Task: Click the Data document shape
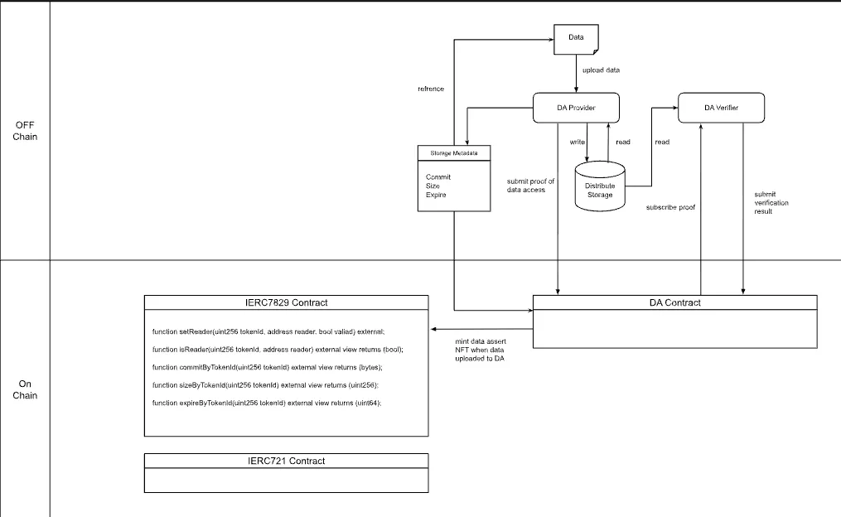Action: (576, 39)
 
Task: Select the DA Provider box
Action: (576, 108)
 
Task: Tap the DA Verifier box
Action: (722, 108)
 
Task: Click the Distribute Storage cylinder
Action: (600, 186)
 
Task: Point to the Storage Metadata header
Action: (454, 152)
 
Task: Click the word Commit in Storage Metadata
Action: (438, 177)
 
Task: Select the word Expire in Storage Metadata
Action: (436, 195)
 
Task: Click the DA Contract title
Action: (674, 302)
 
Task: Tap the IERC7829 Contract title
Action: (287, 302)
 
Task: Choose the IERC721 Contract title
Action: (287, 461)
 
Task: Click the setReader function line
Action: (268, 332)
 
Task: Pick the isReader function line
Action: (278, 350)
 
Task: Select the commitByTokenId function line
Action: (267, 367)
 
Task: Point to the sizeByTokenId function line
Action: (265, 385)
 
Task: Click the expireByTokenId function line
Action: (267, 403)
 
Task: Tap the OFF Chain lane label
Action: (25, 131)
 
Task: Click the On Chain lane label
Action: (25, 389)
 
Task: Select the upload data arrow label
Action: (601, 70)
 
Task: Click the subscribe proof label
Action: (670, 208)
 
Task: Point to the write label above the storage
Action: (578, 143)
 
